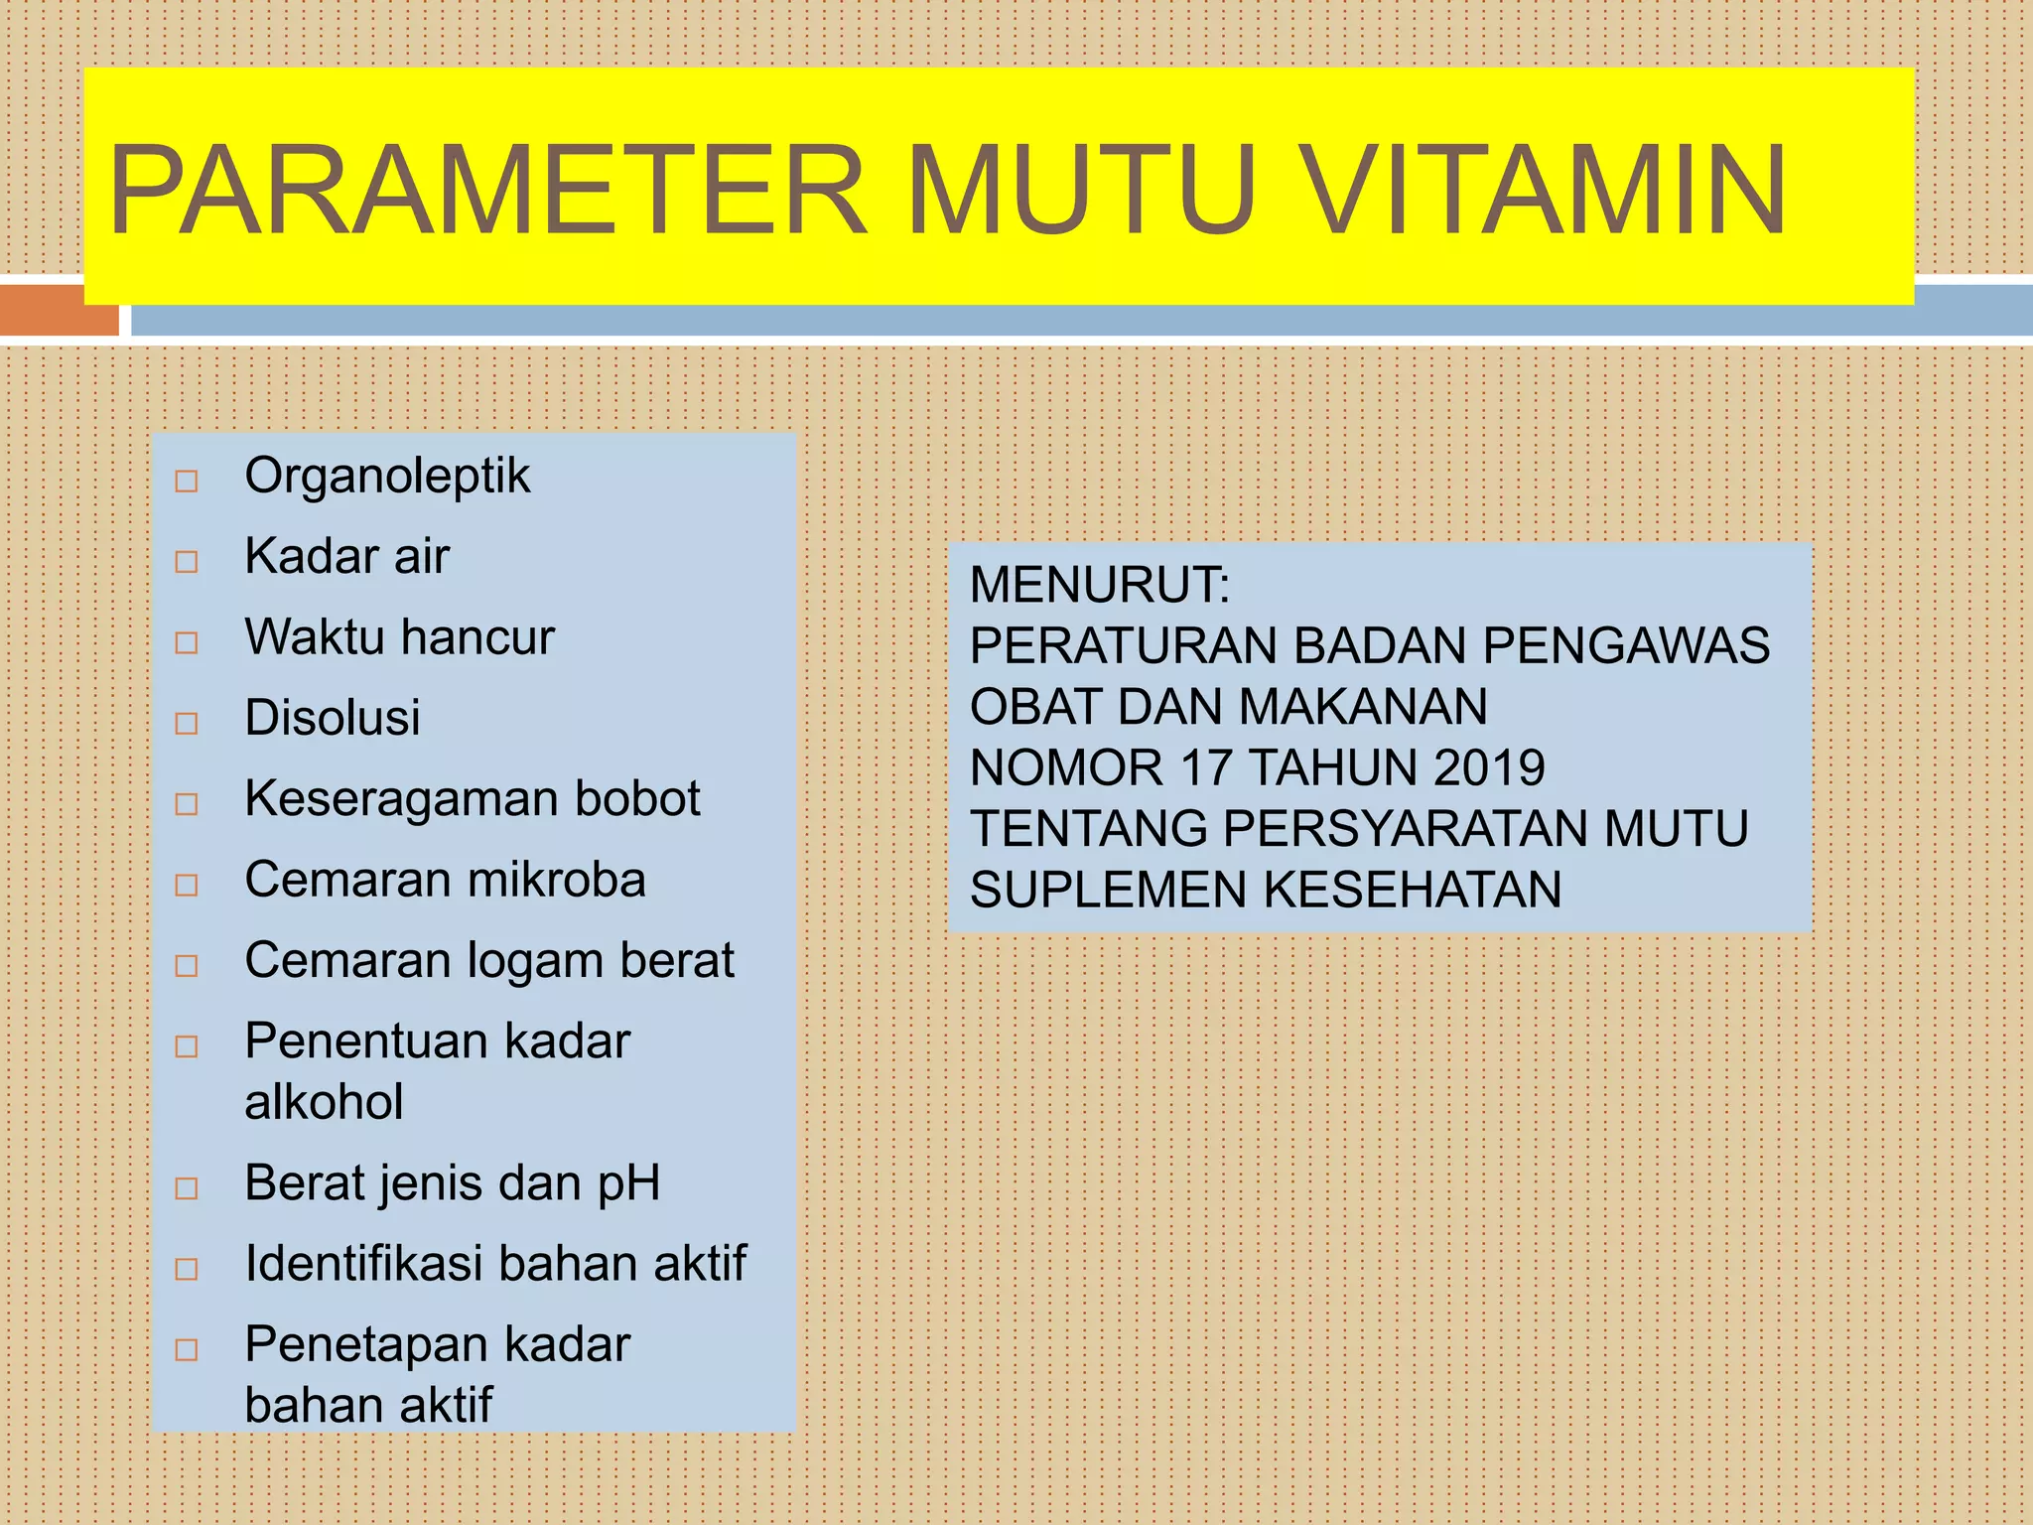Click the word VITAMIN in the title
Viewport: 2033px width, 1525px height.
click(x=1544, y=191)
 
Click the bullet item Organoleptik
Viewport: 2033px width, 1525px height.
click(x=387, y=477)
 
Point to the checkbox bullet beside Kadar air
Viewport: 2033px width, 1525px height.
click(x=187, y=562)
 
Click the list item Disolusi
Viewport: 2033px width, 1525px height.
click(x=333, y=718)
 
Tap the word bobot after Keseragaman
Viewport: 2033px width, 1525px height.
click(x=637, y=798)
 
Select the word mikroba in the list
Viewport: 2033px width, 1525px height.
click(x=556, y=880)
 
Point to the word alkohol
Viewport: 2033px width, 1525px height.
click(x=324, y=1102)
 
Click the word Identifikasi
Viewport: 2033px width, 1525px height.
click(x=363, y=1264)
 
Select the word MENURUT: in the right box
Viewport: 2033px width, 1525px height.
click(x=1100, y=585)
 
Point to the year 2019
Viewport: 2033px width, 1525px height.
click(x=1489, y=768)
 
